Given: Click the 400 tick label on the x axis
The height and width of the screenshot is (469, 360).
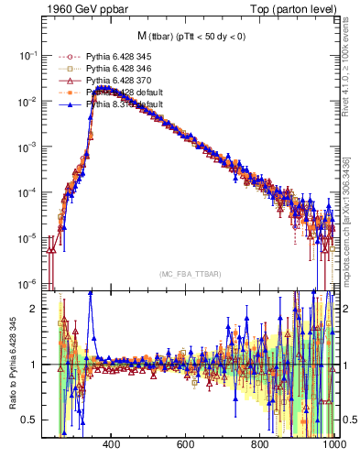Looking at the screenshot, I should pyautogui.click(x=113, y=444).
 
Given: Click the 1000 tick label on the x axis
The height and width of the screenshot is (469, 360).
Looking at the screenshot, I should pyautogui.click(x=333, y=444).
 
